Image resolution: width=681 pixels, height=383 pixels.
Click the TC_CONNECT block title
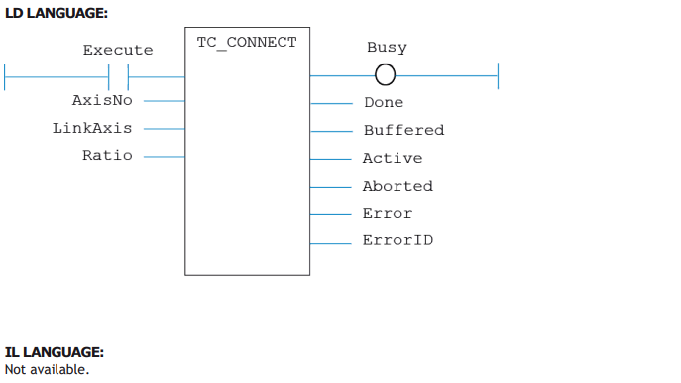247,43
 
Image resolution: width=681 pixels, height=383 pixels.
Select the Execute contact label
118,50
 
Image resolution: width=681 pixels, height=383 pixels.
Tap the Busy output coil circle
385,74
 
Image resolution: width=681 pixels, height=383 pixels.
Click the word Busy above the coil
387,48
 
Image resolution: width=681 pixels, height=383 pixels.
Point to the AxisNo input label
102,101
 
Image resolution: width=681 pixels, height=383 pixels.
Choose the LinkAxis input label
92,128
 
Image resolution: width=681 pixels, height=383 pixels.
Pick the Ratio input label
107,155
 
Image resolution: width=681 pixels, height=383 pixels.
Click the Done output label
384,102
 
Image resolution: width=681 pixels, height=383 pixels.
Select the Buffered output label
403,130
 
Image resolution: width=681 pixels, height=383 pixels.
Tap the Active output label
393,158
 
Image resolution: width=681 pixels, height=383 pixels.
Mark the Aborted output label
397,186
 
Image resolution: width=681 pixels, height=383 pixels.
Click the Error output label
388,213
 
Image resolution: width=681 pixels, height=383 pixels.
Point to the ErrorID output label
397,240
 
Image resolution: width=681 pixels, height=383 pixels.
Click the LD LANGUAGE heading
57,13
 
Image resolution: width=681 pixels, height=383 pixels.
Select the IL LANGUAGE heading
55,352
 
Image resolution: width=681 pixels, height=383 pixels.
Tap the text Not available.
47,369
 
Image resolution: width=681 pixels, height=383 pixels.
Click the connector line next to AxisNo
165,101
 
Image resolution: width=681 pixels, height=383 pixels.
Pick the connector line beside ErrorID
331,243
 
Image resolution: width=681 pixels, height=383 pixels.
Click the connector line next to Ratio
165,157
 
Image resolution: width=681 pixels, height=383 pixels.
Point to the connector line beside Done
332,103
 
